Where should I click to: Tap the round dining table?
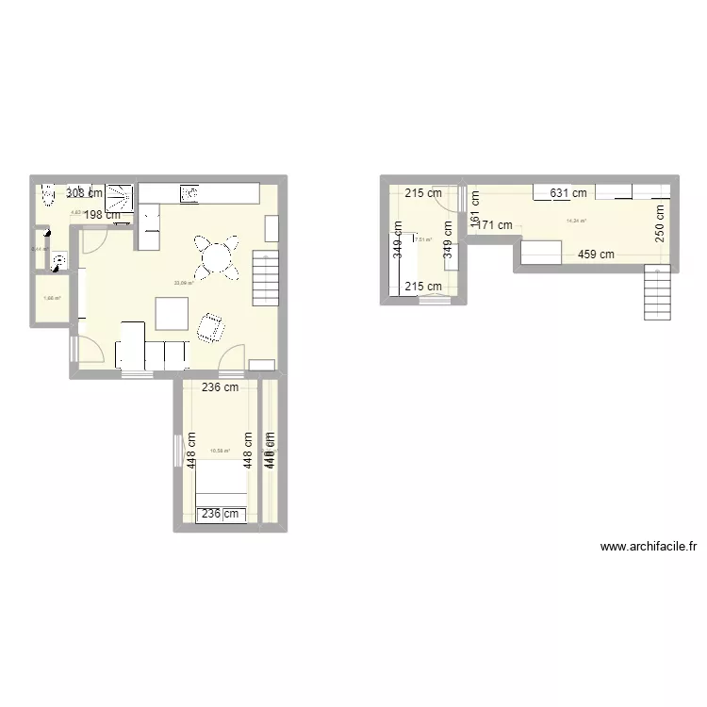217,256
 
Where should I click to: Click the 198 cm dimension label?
102,215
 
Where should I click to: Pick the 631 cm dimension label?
568,193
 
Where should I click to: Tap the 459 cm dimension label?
596,254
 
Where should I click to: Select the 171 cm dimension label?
494,225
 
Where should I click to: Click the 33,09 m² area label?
184,282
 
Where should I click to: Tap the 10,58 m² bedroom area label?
220,451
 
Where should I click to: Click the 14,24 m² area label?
575,222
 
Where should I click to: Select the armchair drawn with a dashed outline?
211,327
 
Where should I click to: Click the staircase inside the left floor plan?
267,277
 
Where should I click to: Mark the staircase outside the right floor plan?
658,292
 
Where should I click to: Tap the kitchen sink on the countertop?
189,193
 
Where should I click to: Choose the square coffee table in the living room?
172,313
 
